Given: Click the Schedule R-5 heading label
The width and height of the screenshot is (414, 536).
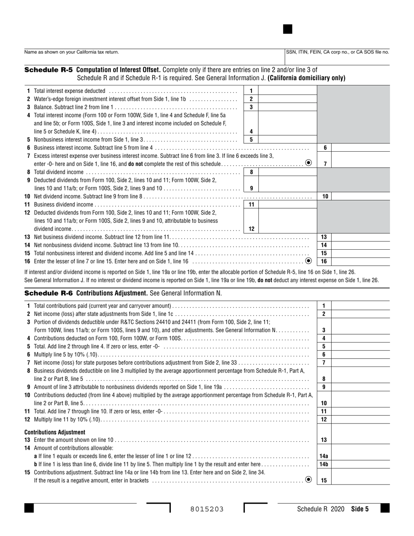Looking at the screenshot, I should point(48,70).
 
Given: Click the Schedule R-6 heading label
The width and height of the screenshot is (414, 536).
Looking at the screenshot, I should point(48,293).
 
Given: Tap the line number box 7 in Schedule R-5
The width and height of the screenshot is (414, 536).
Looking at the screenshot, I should point(325,164).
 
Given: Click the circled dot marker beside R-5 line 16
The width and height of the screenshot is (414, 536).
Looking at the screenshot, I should point(309,261).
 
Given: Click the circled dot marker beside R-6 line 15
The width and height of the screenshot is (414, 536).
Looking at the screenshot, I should point(309,480).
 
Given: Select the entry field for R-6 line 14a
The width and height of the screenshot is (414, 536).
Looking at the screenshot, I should point(361,456).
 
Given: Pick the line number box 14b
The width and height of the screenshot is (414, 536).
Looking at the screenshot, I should point(324,464).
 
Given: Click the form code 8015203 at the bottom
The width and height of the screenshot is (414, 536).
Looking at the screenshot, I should point(207,509).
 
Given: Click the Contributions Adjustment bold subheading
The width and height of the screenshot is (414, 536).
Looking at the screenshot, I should point(55,432).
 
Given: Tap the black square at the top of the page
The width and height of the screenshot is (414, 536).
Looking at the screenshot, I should point(288,29).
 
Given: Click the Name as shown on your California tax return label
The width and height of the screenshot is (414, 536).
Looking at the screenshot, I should point(71,52).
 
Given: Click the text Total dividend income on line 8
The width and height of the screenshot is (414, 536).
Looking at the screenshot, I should point(58,172).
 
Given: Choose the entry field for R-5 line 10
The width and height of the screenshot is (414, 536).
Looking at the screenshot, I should point(361,197).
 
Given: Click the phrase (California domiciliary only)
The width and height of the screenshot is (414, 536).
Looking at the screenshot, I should point(306,78).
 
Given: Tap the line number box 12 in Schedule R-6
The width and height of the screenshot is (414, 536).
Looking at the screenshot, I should point(324,419).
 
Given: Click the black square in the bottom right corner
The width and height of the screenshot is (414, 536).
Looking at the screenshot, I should point(385,508).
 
